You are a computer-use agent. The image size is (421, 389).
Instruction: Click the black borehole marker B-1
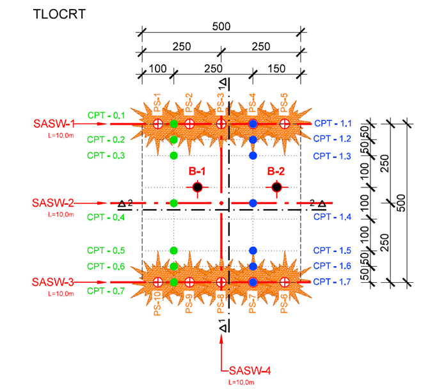tap(198, 187)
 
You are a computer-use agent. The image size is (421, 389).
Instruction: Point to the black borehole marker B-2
tap(276, 187)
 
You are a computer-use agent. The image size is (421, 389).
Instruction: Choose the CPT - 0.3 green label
tap(106, 155)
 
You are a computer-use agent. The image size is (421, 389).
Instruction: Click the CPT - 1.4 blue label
tap(333, 218)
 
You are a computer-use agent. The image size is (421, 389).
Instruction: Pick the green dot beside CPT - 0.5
tap(174, 250)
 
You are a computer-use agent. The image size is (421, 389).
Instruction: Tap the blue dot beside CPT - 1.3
tap(253, 155)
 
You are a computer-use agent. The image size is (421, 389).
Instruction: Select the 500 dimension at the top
tap(221, 27)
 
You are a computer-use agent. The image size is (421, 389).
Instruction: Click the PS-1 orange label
tap(157, 102)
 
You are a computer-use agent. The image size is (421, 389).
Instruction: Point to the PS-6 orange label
tap(283, 301)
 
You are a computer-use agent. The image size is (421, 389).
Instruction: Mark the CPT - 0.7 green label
tap(106, 291)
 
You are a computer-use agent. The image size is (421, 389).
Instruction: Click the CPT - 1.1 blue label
tap(333, 123)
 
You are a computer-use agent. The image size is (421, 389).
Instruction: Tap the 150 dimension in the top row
tap(276, 68)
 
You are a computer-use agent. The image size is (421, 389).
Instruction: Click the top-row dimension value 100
tap(157, 68)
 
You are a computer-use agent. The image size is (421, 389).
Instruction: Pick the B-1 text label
tap(197, 171)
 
